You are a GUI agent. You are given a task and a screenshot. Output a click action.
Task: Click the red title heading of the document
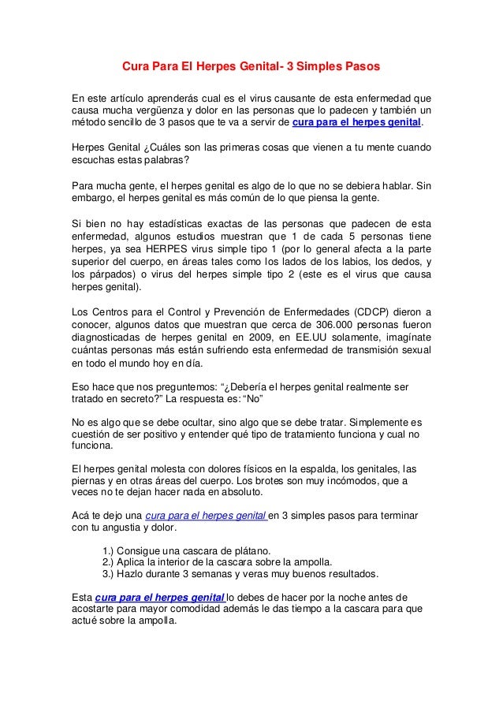[x=250, y=69]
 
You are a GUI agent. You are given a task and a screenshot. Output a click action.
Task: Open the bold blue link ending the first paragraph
[x=357, y=125]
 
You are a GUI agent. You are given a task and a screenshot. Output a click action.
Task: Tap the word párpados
[x=113, y=274]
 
